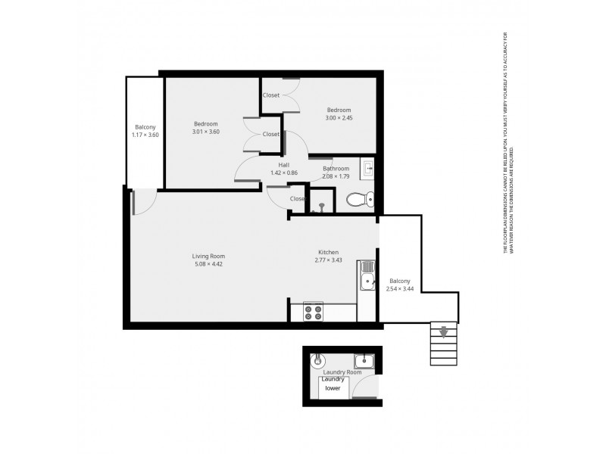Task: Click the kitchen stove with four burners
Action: pyautogui.click(x=313, y=311)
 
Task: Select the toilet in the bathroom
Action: pyautogui.click(x=358, y=200)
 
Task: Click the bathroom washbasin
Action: pyautogui.click(x=367, y=168)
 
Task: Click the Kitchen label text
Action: pyautogui.click(x=328, y=252)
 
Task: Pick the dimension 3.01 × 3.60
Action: pyautogui.click(x=205, y=132)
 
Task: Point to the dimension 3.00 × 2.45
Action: pyautogui.click(x=339, y=117)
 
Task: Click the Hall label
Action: pyautogui.click(x=283, y=165)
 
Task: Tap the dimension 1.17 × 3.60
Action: pyautogui.click(x=145, y=135)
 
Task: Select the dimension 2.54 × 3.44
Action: pyautogui.click(x=400, y=288)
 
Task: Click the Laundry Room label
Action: pyautogui.click(x=342, y=372)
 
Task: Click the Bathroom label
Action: pyautogui.click(x=336, y=168)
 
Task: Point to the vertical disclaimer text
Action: pyautogui.click(x=508, y=151)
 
